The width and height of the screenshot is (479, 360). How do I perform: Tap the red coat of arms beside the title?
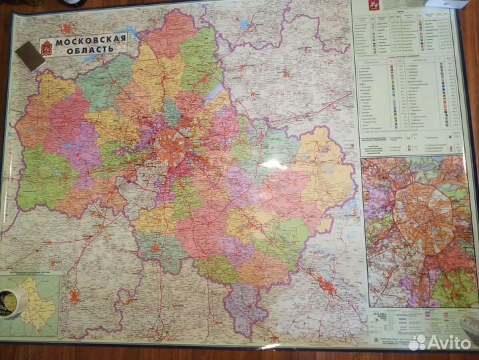coord(47,47)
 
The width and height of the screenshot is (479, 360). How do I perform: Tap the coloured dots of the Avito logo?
coord(418,343)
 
